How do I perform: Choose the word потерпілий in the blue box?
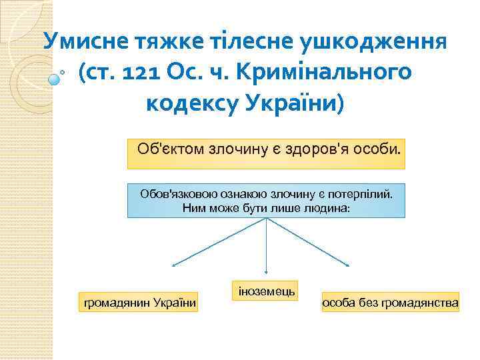363,194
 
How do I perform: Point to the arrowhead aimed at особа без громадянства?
347,265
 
